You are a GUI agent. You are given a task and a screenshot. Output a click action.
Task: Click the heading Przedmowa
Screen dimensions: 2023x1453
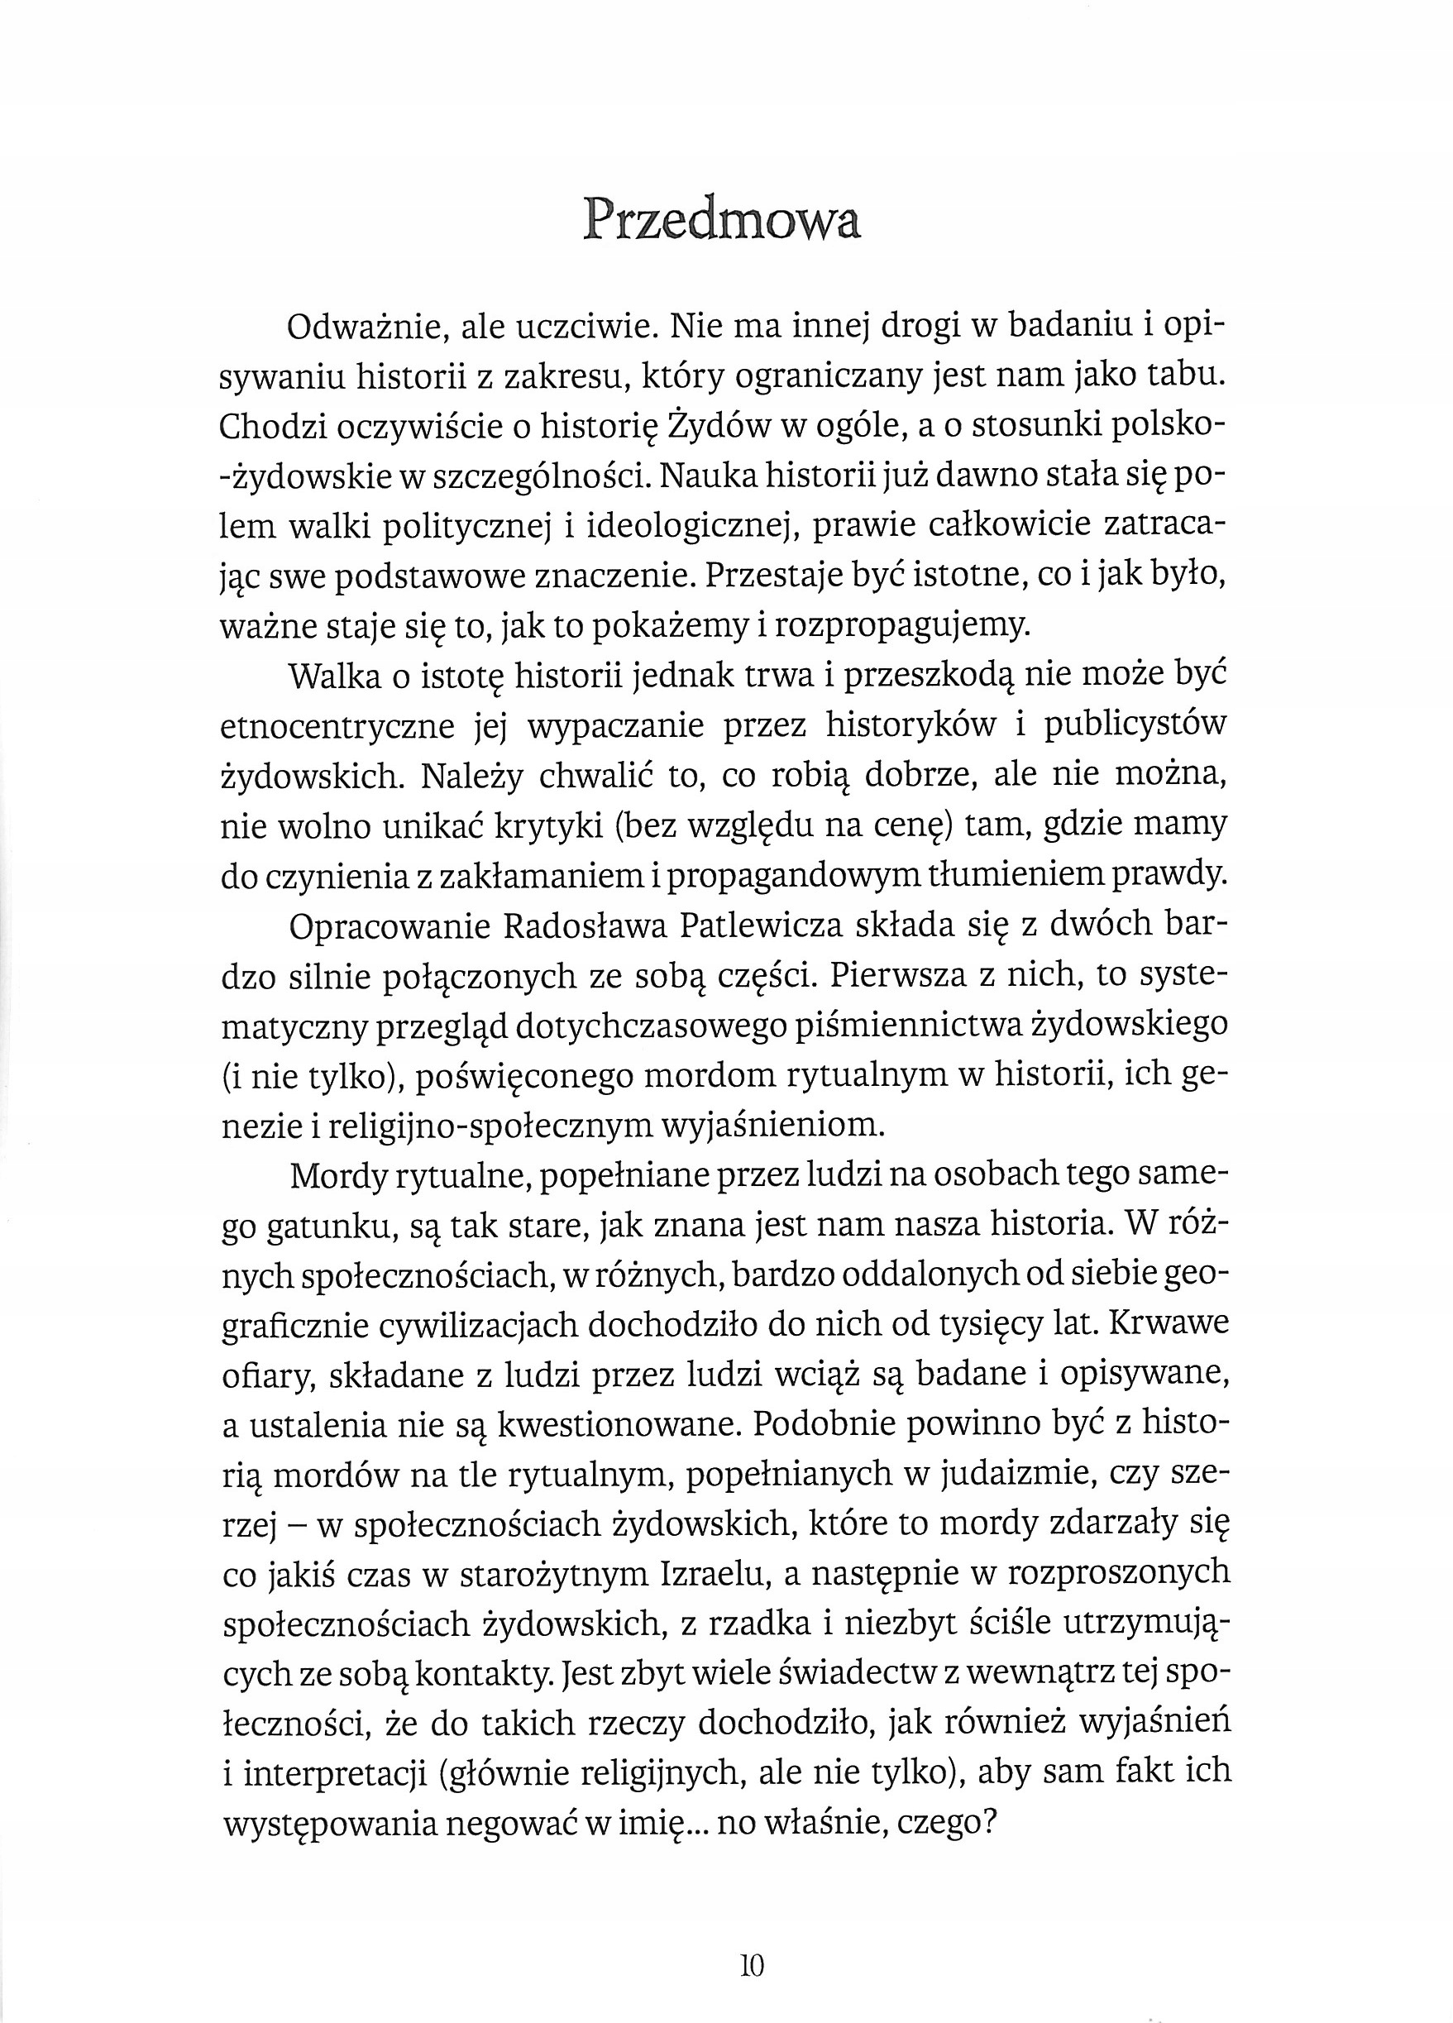[x=722, y=220]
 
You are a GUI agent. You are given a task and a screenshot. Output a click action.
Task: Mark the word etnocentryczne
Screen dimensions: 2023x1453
[x=338, y=726]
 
